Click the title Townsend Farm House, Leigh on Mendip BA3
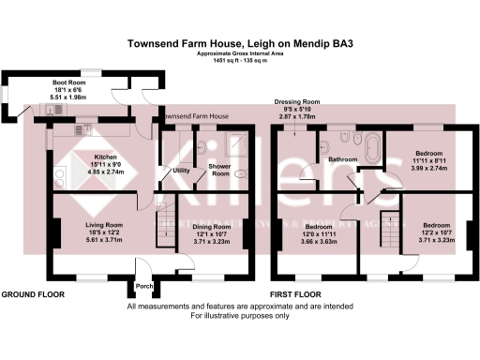click(240, 43)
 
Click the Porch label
click(144, 286)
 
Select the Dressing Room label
click(297, 101)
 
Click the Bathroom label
click(342, 159)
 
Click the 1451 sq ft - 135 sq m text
click(240, 60)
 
